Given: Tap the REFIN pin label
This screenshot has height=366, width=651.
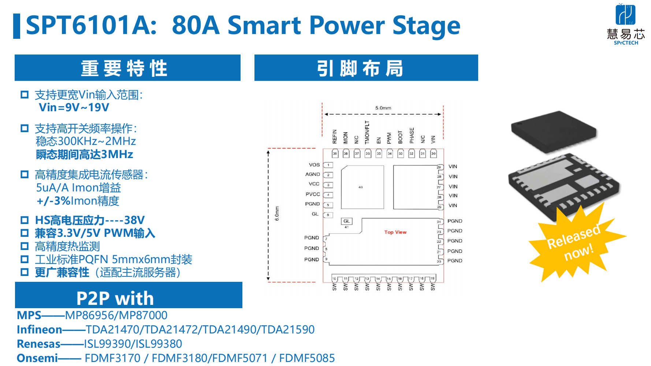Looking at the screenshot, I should click(335, 137).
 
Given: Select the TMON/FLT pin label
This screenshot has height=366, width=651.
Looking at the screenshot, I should click(367, 132).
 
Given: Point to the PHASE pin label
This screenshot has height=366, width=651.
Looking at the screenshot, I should click(412, 135).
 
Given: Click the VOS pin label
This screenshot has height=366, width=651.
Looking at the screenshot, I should click(314, 165).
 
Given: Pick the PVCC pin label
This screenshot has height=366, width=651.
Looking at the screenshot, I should click(313, 194).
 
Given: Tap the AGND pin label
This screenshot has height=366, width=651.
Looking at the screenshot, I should click(312, 174).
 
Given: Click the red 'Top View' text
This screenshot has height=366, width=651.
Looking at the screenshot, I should click(395, 232).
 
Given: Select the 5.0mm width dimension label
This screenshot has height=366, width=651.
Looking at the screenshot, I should click(383, 108).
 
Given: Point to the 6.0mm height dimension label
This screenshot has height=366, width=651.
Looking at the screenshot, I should click(277, 213).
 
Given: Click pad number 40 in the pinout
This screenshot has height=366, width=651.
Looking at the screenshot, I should click(361, 187).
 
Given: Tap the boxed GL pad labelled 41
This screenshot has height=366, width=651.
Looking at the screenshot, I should click(346, 221).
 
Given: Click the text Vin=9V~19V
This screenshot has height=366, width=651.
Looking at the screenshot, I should click(74, 108).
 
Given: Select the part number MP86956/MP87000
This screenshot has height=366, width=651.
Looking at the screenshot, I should click(116, 315).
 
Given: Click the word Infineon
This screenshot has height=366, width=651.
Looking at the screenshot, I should click(40, 329).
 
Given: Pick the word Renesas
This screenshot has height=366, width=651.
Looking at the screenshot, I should click(38, 344).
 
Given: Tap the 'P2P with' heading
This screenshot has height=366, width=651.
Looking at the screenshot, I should click(115, 298).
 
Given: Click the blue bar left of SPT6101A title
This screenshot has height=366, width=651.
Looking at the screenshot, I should click(16, 26).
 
